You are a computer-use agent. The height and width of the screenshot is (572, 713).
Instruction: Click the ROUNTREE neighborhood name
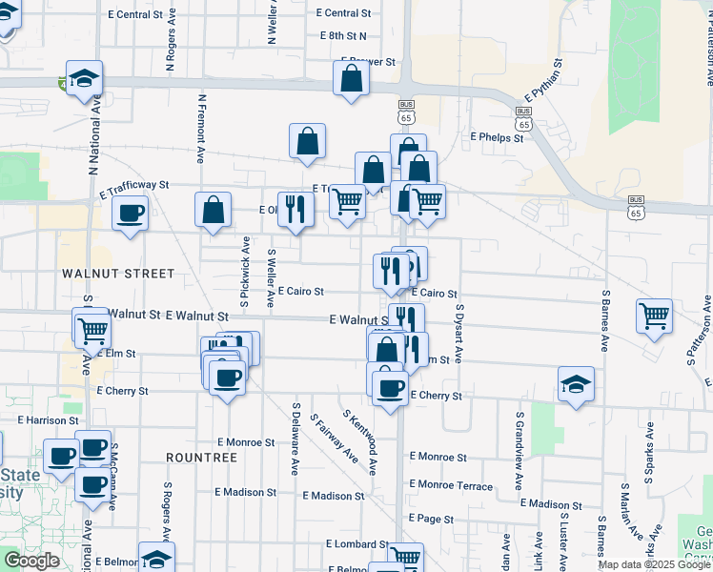coord(201,458)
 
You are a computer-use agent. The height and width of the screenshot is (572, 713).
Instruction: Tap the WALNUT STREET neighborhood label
coord(118,274)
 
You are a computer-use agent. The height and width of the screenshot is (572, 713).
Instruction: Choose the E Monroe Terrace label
coord(452,486)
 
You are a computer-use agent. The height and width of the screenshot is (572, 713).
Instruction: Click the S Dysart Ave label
coord(458,333)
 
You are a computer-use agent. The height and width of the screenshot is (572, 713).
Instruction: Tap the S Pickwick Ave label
coord(245,272)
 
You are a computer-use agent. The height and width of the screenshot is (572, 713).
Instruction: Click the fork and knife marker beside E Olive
coord(295,209)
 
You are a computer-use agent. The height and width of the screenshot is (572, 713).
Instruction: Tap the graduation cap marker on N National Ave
coord(84,79)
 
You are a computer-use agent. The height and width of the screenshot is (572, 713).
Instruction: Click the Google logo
coord(31,561)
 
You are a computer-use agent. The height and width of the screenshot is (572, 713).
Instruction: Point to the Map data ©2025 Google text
coord(654,564)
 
